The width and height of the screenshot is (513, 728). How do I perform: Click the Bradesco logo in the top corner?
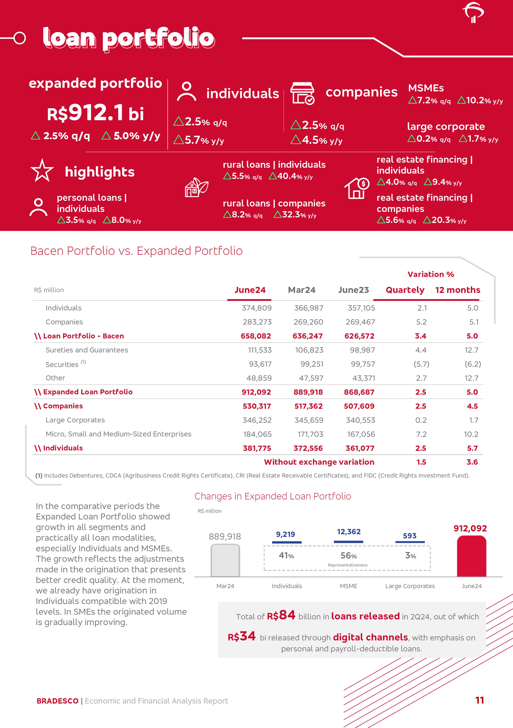pos(473,13)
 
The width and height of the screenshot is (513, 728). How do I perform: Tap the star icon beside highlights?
pos(42,171)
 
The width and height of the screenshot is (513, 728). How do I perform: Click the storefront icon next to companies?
pos(302,93)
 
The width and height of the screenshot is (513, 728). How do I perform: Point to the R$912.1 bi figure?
pos(95,113)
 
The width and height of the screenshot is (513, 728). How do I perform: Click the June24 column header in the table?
pos(250,290)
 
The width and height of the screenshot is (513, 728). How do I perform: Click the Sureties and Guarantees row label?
pos(87,350)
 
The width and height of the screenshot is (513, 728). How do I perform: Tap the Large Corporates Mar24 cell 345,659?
pos(308,420)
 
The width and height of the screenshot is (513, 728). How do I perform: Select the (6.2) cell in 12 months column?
pos(472,364)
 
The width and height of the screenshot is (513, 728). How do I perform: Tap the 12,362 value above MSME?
pos(349,532)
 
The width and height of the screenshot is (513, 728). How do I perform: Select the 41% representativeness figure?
pos(286,555)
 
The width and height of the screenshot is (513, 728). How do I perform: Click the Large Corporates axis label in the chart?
pos(410,586)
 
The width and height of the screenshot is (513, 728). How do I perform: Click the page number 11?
pos(479,700)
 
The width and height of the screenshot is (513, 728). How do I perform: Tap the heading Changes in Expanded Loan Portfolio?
pos(273,496)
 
